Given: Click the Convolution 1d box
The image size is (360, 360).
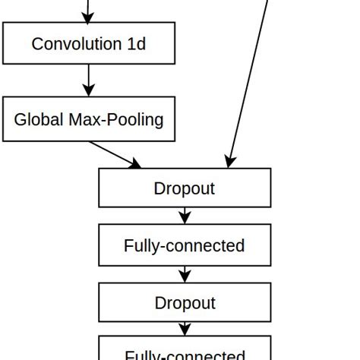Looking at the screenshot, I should pyautogui.click(x=89, y=43).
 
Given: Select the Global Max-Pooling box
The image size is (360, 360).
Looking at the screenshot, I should pyautogui.click(x=89, y=119).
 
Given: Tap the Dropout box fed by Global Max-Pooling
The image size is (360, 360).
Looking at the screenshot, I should pyautogui.click(x=185, y=188).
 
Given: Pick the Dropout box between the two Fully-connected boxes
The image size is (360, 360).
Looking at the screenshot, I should pyautogui.click(x=185, y=302).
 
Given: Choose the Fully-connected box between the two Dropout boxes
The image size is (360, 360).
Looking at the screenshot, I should pyautogui.click(x=185, y=245).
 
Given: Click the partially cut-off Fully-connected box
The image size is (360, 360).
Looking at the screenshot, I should pyautogui.click(x=185, y=351).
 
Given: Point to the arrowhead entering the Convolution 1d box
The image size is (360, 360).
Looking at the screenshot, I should pyautogui.click(x=89, y=17).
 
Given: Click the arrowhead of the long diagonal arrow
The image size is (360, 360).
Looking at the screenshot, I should pyautogui.click(x=230, y=161).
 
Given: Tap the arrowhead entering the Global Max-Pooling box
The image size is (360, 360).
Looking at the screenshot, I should pyautogui.click(x=89, y=90).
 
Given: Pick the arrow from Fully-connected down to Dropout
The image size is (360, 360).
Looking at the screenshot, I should pyautogui.click(x=185, y=273).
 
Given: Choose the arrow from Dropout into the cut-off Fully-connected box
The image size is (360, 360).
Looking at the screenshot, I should pyautogui.click(x=185, y=329).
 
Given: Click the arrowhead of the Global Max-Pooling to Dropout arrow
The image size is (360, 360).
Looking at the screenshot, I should pyautogui.click(x=135, y=163).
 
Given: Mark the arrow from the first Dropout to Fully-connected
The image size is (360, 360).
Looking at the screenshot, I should pyautogui.click(x=185, y=216).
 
